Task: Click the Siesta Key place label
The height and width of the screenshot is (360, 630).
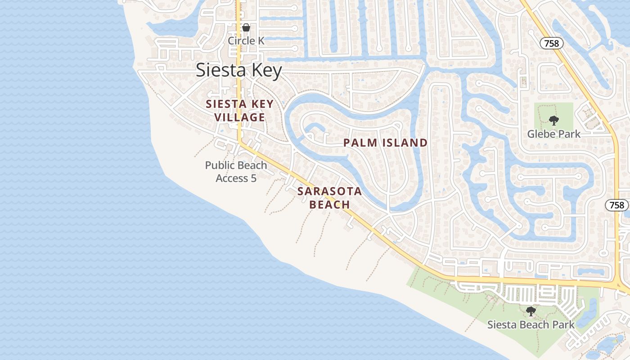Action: pos(239,71)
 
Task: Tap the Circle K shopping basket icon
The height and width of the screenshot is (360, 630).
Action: pos(246,27)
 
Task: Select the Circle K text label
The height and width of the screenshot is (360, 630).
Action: pos(246,41)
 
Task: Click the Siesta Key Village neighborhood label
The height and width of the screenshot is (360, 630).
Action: pos(239,111)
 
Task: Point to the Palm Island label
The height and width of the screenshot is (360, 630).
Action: pos(385,143)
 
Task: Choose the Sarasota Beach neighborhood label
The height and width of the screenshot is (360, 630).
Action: pos(329,198)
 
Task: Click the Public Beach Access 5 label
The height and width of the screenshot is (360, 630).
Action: pos(236,171)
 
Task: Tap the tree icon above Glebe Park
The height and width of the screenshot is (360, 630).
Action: pos(553,120)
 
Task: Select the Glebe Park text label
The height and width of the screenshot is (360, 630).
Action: pos(553,134)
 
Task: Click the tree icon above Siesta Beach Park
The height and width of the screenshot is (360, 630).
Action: pos(531,311)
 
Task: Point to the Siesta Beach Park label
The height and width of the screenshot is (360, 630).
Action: pos(531,325)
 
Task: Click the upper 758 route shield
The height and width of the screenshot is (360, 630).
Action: pos(551,43)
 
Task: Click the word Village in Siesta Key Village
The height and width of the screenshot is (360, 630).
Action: pos(239,117)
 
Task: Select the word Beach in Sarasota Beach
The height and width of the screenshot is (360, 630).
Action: pos(330,205)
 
